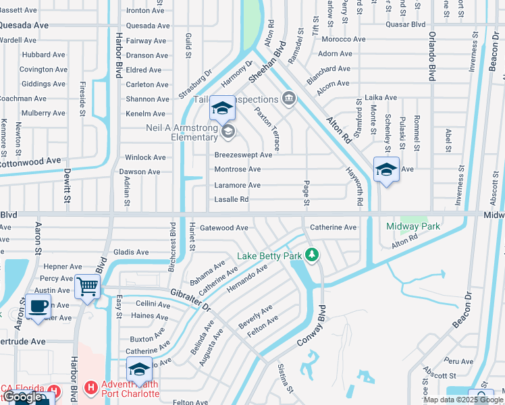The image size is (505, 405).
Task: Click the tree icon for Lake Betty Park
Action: (311, 255)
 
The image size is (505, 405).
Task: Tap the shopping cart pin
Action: (87, 286)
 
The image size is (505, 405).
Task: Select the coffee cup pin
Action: (38, 306)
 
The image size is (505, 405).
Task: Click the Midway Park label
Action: (413, 226)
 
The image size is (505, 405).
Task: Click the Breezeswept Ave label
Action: (243, 155)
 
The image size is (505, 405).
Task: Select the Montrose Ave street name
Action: (237, 169)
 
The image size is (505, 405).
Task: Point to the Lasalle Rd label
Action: (232, 200)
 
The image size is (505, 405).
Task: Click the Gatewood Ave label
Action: (223, 228)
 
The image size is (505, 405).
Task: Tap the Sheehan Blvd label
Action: (268, 61)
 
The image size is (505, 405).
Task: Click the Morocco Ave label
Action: (343, 40)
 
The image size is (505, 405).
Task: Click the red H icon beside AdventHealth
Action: (90, 389)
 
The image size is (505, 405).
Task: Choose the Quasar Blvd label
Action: (405, 24)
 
